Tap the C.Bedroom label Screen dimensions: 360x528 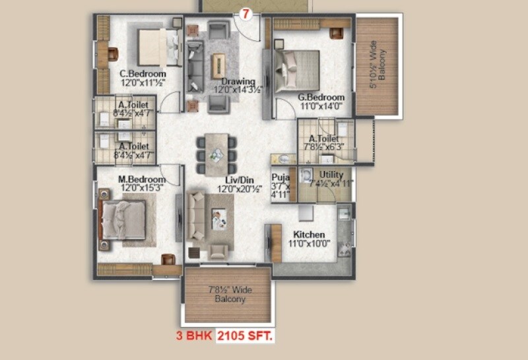(x=142, y=73)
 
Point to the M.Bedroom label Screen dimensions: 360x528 (x=141, y=179)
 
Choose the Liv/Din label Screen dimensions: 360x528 (x=220, y=179)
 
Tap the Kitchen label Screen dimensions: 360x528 (x=309, y=234)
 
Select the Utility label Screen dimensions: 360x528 (x=331, y=174)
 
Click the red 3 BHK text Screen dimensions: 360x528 (x=193, y=336)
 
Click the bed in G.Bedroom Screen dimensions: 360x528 (x=298, y=65)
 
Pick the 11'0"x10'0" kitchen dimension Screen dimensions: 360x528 (x=309, y=244)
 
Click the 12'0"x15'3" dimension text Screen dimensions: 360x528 (x=141, y=188)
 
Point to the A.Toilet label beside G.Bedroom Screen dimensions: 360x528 (x=321, y=139)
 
